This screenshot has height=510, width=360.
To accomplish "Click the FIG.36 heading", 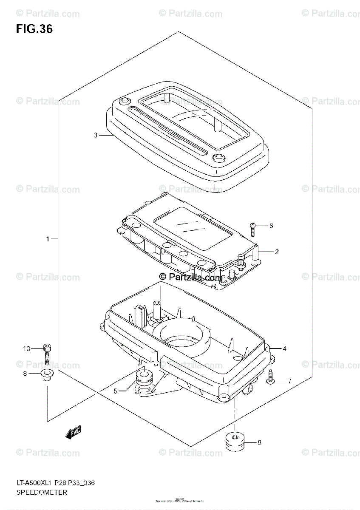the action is (x=34, y=29).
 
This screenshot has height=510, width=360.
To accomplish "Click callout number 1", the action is (x=48, y=239).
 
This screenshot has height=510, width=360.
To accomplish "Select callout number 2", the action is (x=276, y=252).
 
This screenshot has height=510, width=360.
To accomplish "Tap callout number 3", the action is (x=96, y=136).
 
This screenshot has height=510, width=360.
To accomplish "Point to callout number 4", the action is (x=284, y=349).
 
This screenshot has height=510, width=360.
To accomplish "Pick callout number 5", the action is (x=115, y=391).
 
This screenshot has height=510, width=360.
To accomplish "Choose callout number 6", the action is (x=271, y=226).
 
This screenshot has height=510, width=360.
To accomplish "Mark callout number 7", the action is (x=289, y=381).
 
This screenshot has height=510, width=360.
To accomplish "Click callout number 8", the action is (x=25, y=374).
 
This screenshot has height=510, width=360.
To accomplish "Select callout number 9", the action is (x=259, y=443).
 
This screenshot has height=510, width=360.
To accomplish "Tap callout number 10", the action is (x=27, y=349).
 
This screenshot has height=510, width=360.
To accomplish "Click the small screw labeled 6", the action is (x=252, y=229).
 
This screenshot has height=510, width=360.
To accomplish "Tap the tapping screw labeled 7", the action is (x=270, y=378).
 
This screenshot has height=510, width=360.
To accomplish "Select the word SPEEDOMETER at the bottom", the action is (x=42, y=493).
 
